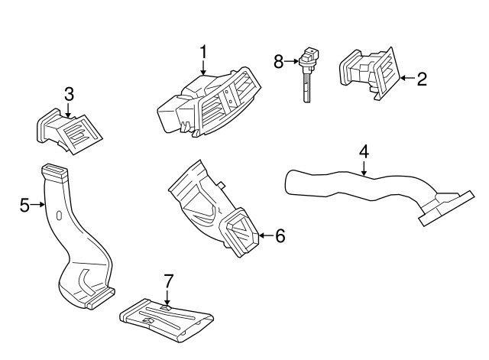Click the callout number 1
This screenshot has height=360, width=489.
pos(203,52)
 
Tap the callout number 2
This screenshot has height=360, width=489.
pos(422,79)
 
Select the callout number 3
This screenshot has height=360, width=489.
pos(69,94)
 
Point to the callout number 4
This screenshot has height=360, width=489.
pos(364,152)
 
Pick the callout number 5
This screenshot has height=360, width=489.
pos(24,205)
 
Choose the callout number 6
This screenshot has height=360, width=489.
pos(280,235)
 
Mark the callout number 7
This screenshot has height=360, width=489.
pos(168,281)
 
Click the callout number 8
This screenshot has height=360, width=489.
pos(278,61)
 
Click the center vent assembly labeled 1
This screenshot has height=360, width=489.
pos(209,102)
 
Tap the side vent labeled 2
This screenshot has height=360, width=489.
pos(370,73)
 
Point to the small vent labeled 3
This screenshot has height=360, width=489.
pos(70,131)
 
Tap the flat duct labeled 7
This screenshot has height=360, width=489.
pos(167,319)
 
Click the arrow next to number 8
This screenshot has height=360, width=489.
pos(291,61)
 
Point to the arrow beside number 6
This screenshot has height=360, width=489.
pos(267,235)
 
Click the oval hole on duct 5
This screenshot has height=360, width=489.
pos(59,215)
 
